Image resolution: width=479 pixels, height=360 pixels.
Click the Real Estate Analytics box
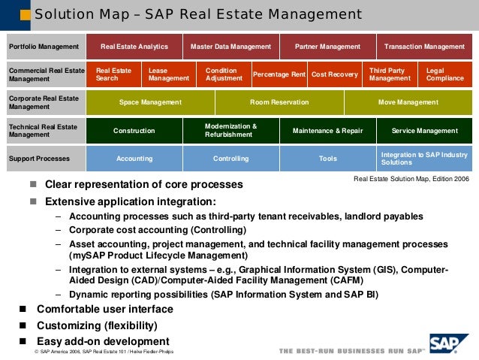tap(134, 47)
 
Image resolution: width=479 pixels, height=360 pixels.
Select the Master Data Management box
tap(230, 47)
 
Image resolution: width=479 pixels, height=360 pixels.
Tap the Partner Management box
tap(327, 47)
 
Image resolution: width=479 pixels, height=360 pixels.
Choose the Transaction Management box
tap(424, 47)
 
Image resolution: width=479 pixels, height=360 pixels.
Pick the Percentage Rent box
tap(279, 74)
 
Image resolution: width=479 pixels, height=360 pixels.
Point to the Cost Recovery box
tap(334, 74)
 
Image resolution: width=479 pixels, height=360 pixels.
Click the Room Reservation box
tap(279, 102)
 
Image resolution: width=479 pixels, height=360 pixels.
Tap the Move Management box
tap(408, 102)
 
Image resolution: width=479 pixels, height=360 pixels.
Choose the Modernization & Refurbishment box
tap(230, 131)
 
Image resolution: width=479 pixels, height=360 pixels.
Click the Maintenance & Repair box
tap(327, 131)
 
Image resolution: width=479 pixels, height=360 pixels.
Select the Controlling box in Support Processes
tap(230, 159)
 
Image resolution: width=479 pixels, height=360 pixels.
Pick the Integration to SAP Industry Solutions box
tap(424, 159)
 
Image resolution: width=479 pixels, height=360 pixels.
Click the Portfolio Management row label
tap(44, 47)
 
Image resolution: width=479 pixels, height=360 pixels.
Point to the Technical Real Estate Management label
tap(44, 131)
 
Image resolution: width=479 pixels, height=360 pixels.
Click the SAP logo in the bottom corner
tap(449, 344)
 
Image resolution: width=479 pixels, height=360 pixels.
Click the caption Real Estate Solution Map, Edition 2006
tap(411, 179)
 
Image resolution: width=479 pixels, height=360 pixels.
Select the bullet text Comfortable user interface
tap(104, 309)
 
